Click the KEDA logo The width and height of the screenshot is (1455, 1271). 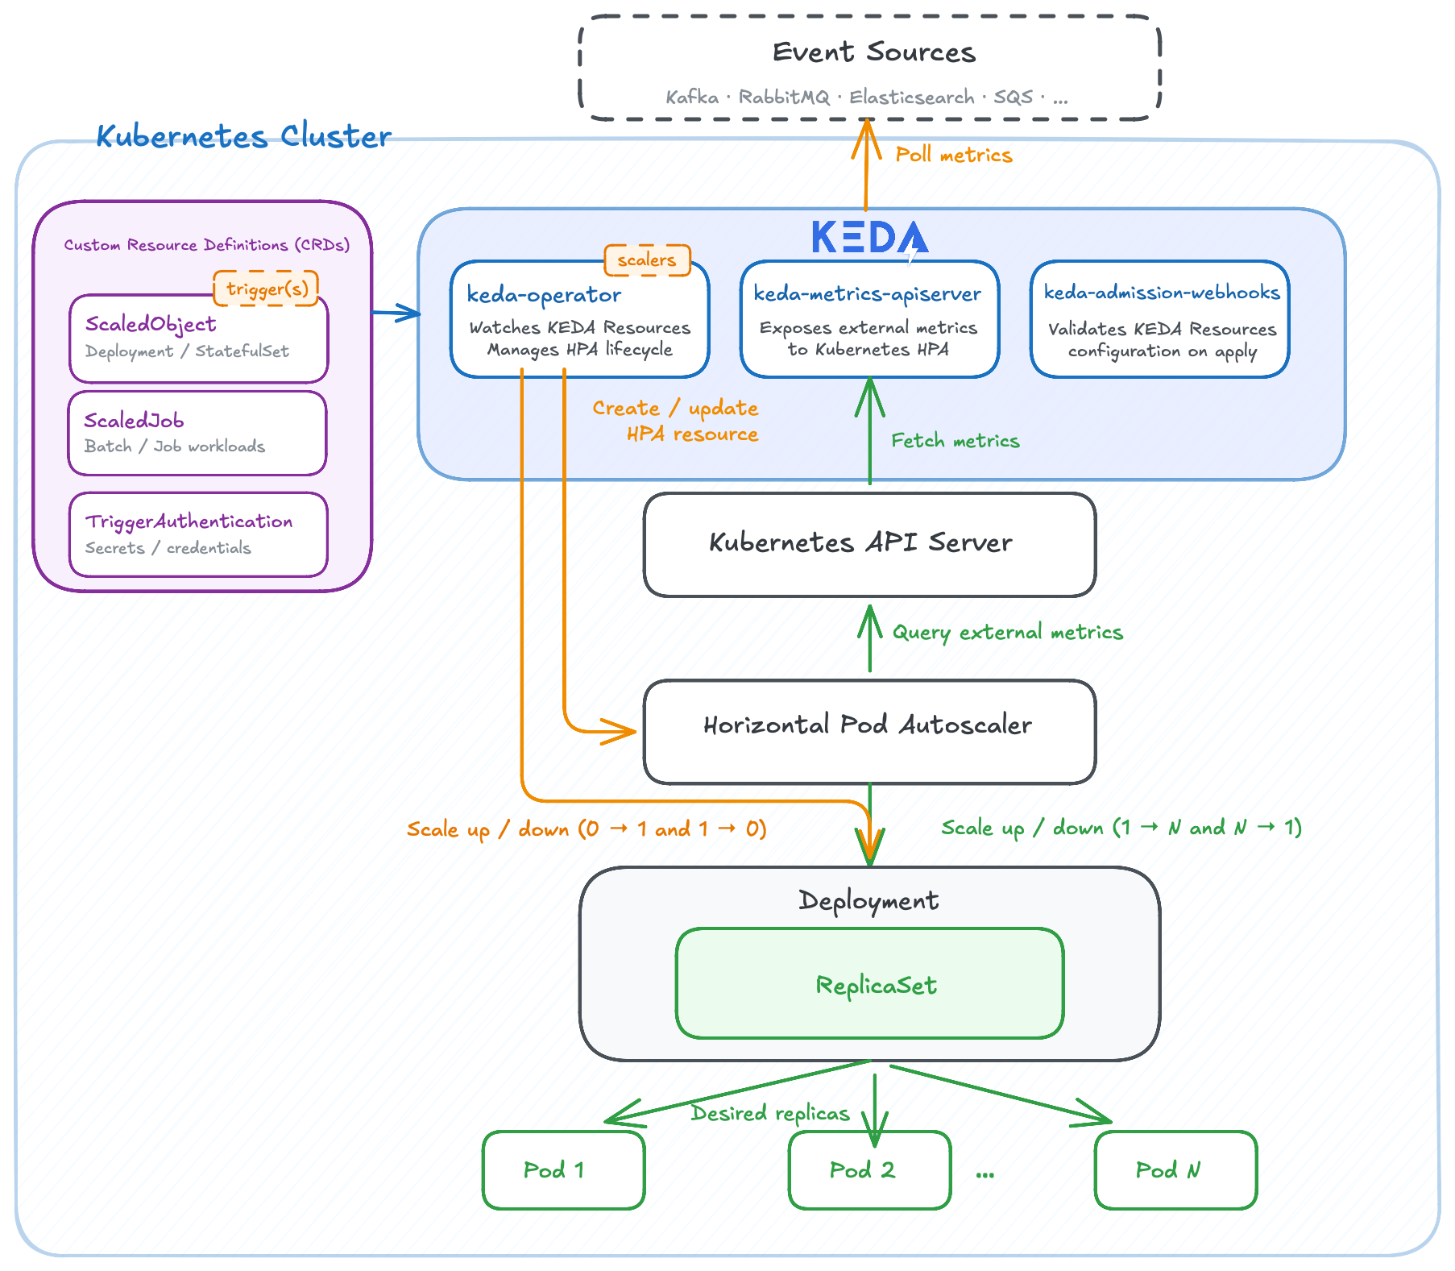click(x=869, y=238)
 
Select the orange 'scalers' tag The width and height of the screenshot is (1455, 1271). click(x=647, y=260)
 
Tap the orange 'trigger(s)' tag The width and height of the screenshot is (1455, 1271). click(x=266, y=289)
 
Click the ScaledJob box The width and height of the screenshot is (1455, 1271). click(x=197, y=433)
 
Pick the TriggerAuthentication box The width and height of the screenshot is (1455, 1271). click(x=198, y=534)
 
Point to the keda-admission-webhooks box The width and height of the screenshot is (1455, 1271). click(x=1159, y=319)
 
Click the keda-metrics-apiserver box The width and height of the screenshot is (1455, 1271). click(x=869, y=319)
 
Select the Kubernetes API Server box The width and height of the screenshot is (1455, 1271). click(x=869, y=544)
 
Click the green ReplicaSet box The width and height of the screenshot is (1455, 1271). click(x=869, y=983)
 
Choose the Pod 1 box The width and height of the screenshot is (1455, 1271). click(x=563, y=1169)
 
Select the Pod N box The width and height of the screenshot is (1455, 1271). click(x=1175, y=1169)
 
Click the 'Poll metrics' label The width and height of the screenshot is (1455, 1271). click(x=953, y=155)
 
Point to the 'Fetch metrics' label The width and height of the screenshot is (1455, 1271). click(x=955, y=441)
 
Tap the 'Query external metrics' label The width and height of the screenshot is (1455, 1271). click(x=1007, y=633)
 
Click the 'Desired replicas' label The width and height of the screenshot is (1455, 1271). click(x=770, y=1113)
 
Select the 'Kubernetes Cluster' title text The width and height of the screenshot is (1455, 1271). click(x=243, y=136)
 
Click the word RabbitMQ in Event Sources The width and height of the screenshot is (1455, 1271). click(x=783, y=98)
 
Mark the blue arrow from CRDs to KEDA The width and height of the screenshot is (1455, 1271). click(x=396, y=313)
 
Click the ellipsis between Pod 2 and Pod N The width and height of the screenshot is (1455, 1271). click(x=985, y=1173)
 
